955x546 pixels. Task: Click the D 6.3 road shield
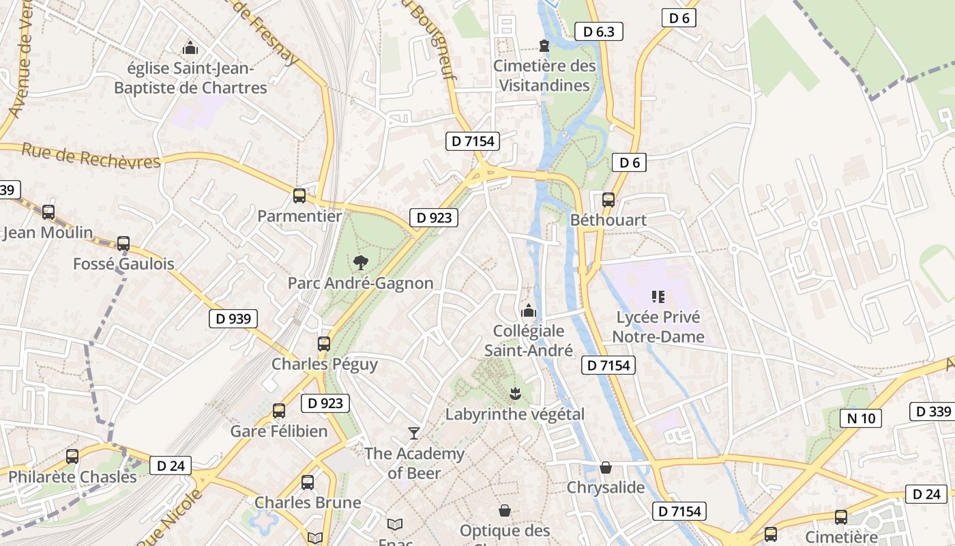[599, 31]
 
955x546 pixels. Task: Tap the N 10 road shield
[860, 418]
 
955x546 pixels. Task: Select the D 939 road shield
[233, 318]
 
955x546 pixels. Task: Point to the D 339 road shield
[933, 412]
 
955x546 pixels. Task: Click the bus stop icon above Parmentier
[299, 196]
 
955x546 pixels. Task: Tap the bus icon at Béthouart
[608, 200]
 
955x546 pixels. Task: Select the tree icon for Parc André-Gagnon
[360, 262]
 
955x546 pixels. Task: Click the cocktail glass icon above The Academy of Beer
[413, 433]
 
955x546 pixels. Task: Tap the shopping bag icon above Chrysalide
[605, 468]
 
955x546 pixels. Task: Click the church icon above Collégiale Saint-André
[529, 311]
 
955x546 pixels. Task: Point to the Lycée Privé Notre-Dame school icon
[658, 296]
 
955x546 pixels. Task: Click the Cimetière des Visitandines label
[544, 76]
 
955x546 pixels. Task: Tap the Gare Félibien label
[279, 431]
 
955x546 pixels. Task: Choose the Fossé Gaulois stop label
[123, 263]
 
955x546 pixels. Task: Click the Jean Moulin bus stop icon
[48, 212]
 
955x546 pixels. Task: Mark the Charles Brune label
[308, 502]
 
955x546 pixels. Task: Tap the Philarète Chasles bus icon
[72, 457]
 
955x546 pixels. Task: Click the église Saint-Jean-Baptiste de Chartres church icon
[190, 48]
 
